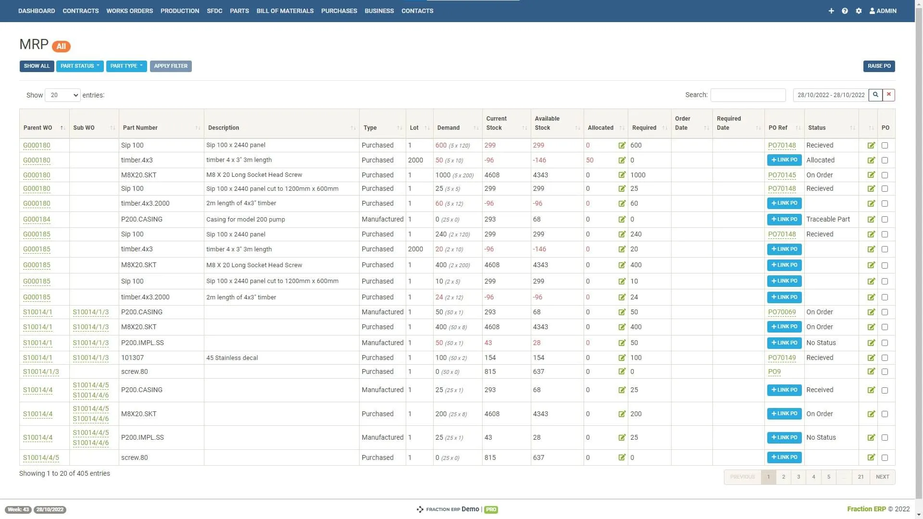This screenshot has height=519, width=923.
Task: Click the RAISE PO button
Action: coord(879,66)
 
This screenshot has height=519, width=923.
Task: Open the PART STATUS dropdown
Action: coord(80,66)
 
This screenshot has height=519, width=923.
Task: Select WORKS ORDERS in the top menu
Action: coord(129,11)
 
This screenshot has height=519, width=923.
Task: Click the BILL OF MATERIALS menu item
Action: coord(285,11)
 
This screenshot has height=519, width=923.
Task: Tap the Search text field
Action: coord(748,95)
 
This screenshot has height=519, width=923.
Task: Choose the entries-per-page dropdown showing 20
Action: coord(62,95)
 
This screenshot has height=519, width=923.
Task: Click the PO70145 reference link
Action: coord(782,175)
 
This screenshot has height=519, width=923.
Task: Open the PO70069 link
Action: coord(782,312)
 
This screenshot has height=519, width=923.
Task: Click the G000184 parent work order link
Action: coord(37,220)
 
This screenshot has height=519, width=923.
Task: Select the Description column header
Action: coord(224,128)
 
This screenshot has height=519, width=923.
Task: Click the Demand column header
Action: coord(448,128)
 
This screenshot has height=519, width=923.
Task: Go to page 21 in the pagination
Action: coord(861,477)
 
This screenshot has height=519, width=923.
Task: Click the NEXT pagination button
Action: coord(882,477)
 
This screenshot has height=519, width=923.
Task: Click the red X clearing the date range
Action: coord(889,95)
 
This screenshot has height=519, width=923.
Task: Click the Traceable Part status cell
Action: coord(828,220)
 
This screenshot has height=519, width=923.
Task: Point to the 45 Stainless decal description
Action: coord(232,358)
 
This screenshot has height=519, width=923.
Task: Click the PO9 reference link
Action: coord(774,372)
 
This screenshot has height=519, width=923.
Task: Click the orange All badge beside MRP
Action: coord(61,47)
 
